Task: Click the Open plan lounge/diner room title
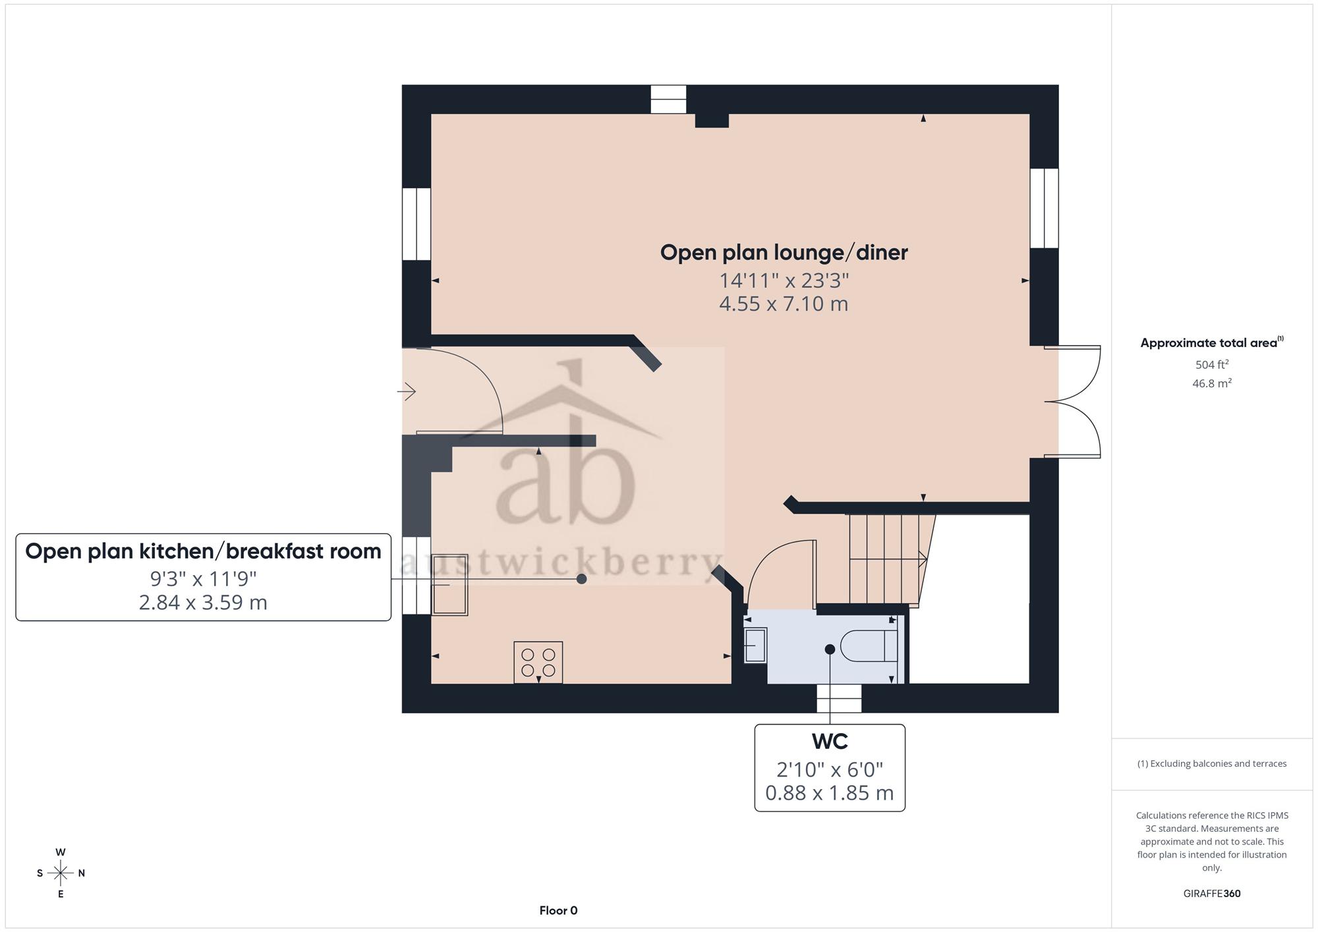(784, 253)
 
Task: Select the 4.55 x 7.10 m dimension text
(784, 304)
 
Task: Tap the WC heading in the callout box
(830, 742)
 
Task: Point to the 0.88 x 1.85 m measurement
(830, 793)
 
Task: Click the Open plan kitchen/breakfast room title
(203, 551)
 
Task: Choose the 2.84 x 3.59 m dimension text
(203, 603)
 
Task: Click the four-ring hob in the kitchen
(538, 663)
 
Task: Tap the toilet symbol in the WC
(869, 645)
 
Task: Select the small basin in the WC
(756, 645)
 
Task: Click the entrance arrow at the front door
(407, 392)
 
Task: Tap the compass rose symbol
(61, 873)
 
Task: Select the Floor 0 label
(558, 911)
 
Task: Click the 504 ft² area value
(1212, 364)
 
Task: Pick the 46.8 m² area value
(1212, 383)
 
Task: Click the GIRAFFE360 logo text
(1212, 894)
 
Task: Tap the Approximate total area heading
(1212, 343)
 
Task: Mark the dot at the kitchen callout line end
(582, 579)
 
